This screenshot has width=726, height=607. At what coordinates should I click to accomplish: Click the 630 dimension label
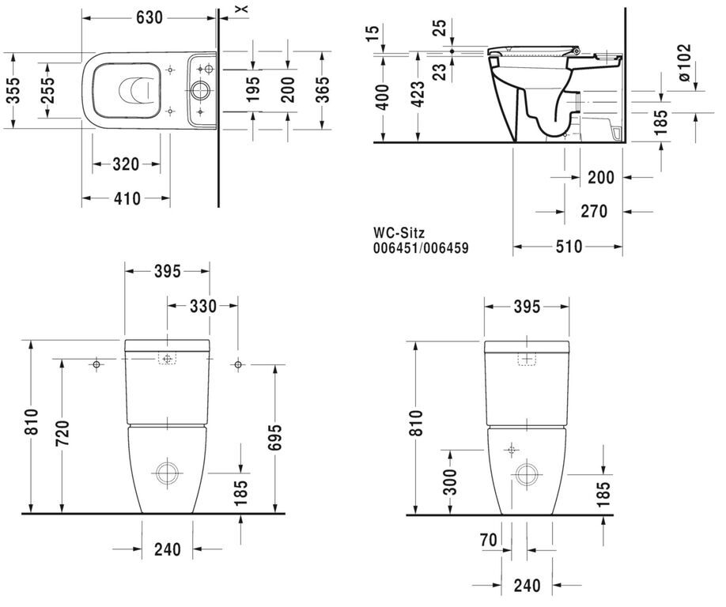(149, 17)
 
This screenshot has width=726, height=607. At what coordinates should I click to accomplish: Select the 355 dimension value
(14, 90)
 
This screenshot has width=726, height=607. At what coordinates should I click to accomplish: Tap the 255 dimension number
(47, 90)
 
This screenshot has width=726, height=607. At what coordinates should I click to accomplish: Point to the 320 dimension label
(126, 164)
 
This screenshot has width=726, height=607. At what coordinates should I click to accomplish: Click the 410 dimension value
(127, 198)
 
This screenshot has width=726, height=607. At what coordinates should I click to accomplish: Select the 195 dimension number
(253, 90)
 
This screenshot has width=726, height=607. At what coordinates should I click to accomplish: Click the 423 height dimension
(418, 94)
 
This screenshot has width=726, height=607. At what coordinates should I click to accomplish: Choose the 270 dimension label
(594, 212)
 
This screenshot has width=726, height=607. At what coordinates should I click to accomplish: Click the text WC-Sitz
(399, 232)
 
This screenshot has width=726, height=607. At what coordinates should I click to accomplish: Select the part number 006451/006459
(421, 248)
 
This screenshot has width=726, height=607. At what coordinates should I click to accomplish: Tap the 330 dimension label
(202, 306)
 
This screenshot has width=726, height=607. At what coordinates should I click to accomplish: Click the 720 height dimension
(62, 433)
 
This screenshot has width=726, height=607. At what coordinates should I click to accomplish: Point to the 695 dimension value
(274, 438)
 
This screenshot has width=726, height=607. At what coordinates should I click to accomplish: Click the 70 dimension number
(489, 540)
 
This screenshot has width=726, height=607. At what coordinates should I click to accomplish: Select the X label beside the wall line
(244, 9)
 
